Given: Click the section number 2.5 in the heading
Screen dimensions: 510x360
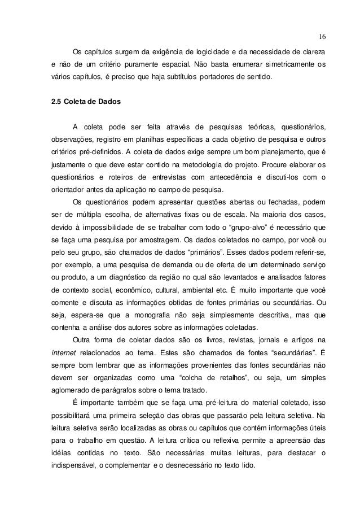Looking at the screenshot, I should click(56, 104).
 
